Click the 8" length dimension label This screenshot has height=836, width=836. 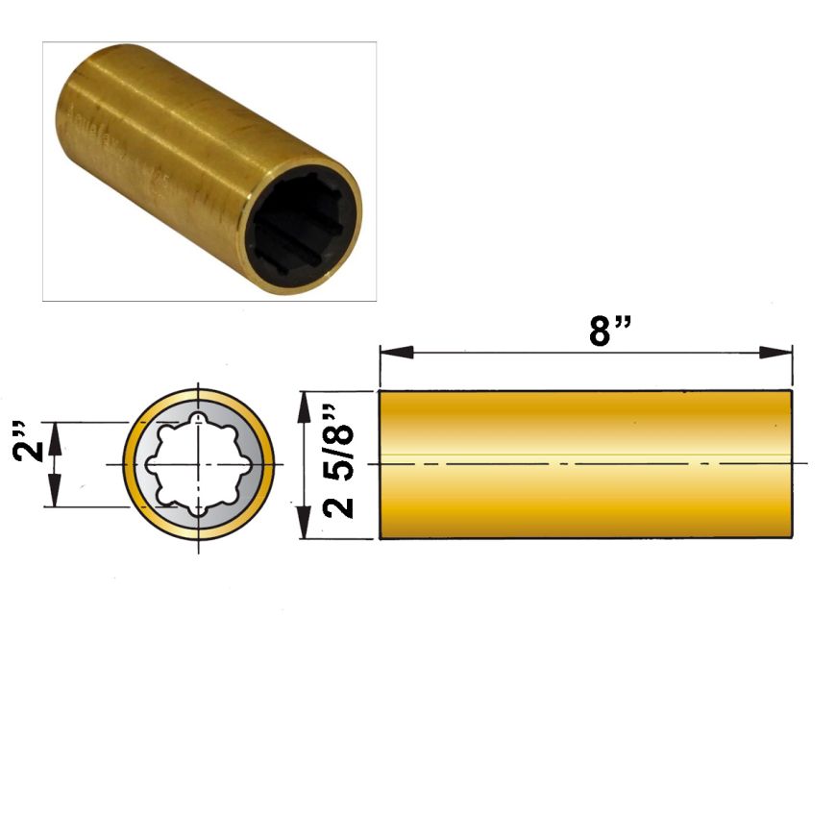(x=610, y=331)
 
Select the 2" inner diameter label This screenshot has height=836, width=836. (x=28, y=441)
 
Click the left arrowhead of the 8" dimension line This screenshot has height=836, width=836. (x=397, y=353)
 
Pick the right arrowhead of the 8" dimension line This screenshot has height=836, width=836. (x=775, y=353)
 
